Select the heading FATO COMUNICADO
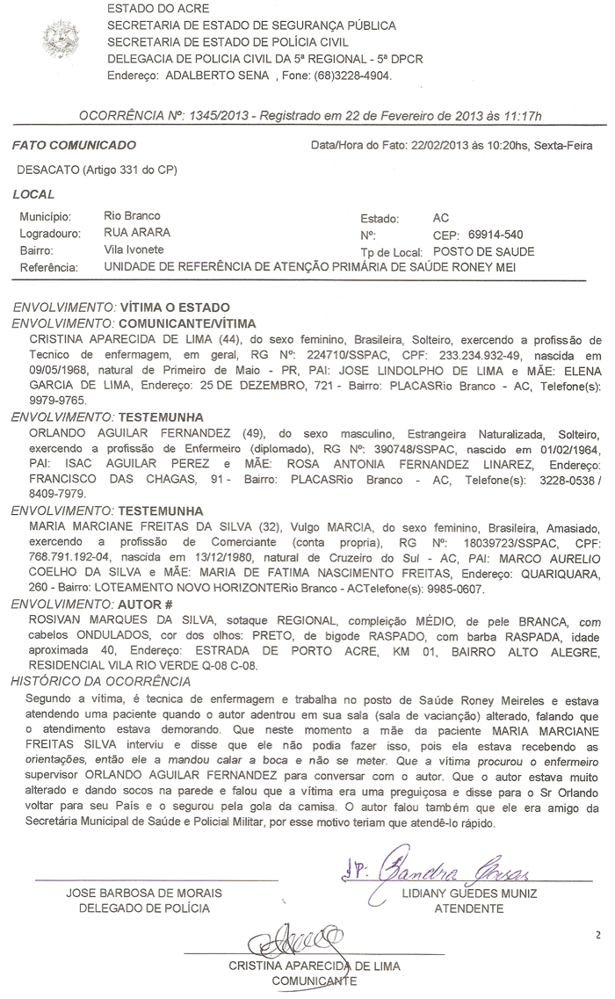pyautogui.click(x=75, y=144)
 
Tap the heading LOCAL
pyautogui.click(x=34, y=194)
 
